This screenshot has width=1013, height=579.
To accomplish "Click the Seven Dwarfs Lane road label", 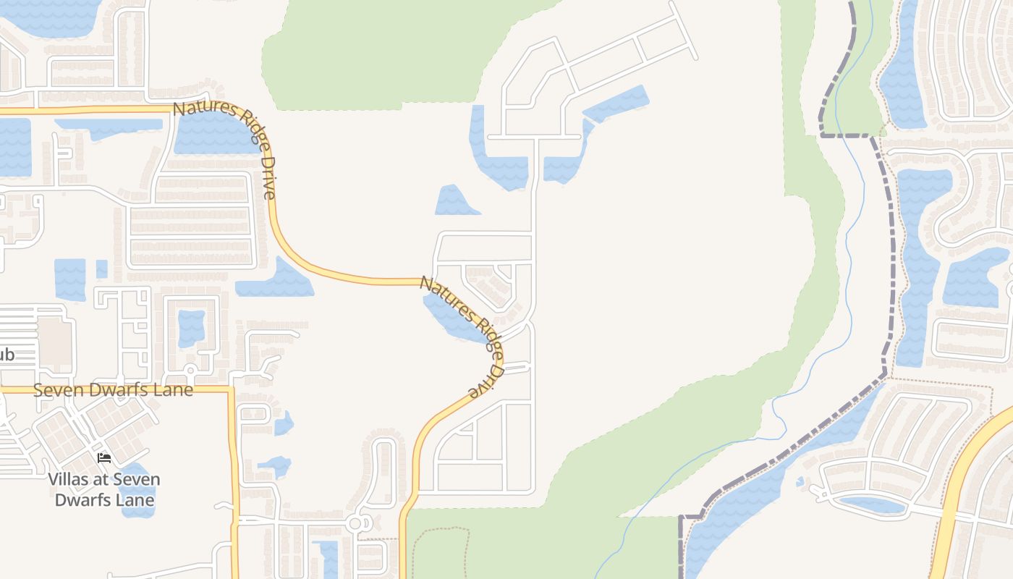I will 114,390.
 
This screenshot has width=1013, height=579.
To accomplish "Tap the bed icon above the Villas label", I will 105,458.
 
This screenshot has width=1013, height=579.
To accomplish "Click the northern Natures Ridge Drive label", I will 225,149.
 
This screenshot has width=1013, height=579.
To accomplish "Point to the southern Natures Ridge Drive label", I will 463,337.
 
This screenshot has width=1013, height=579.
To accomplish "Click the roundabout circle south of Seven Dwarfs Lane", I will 355,523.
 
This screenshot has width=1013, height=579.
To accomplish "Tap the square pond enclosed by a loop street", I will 191,327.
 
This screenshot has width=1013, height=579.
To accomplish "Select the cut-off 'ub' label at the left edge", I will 6,355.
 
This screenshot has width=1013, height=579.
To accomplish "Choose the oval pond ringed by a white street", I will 872,504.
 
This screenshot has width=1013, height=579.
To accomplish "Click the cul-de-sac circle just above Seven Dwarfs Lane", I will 191,371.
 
